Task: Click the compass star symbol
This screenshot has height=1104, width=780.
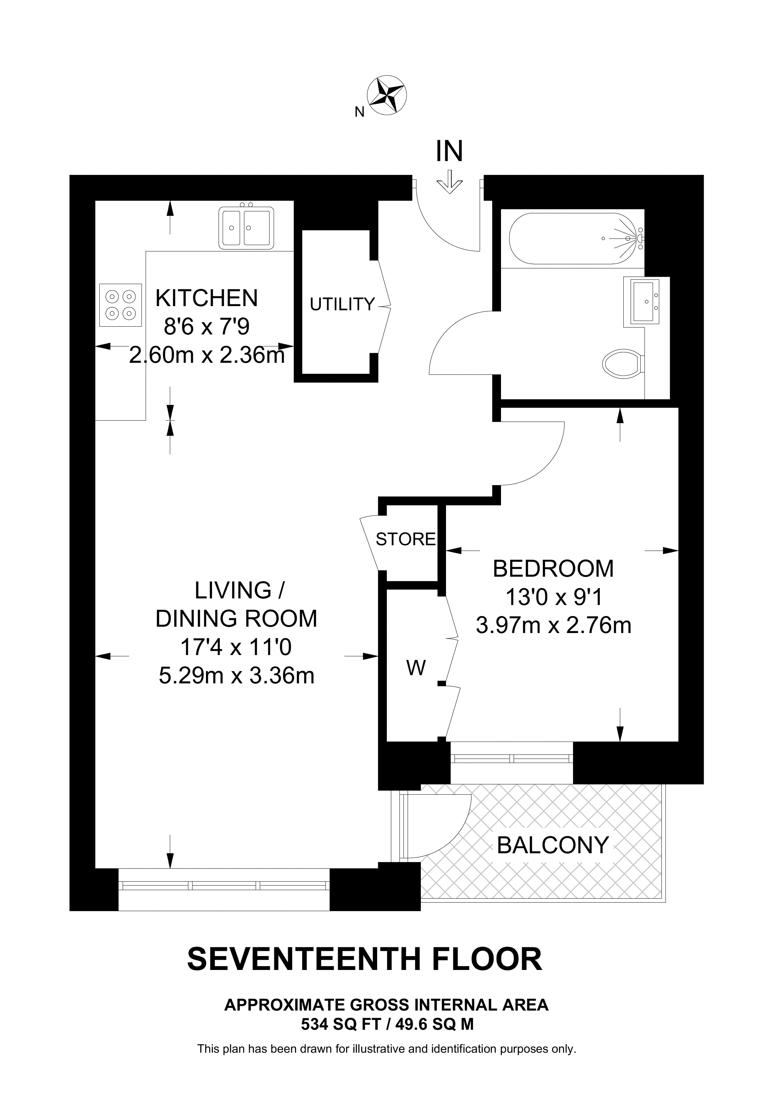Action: pos(387,95)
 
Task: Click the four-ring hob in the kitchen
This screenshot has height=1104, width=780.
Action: pos(121,305)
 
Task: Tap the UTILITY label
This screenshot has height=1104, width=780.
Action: pos(342,304)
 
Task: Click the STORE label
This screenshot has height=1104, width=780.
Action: pos(405,539)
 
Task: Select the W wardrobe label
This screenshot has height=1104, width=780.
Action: pos(416,668)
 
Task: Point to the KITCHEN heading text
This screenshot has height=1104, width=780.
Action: pos(207,298)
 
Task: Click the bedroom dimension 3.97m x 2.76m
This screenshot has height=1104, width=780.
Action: pos(553,626)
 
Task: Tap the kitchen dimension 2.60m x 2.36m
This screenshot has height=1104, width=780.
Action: pos(207,356)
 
